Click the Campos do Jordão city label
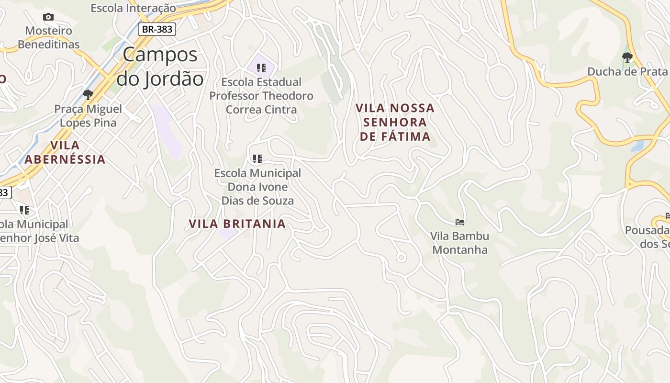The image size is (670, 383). coord(160,67)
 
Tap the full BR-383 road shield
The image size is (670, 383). coord(157,29)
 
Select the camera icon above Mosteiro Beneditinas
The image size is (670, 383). coord(48,17)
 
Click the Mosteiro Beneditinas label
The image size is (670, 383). coord(48,37)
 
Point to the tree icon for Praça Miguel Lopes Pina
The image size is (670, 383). coord(88,94)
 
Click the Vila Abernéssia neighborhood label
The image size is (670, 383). coord(65,152)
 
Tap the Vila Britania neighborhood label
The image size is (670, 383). coord(237,224)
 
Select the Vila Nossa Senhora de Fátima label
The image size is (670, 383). coord(395,122)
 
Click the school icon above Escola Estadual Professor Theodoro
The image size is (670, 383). coord(261,68)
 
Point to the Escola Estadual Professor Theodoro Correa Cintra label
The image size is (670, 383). coord(261,96)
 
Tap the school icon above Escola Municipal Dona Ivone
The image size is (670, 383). coord(257,158)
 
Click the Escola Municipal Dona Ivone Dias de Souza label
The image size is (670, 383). coord(257,187)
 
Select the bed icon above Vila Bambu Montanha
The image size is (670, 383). coord(460,222)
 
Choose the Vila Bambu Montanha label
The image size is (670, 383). coord(459,243)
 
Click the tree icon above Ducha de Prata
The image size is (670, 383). coord(627,57)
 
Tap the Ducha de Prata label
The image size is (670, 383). coord(627,72)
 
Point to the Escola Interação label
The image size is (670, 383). coord(133,8)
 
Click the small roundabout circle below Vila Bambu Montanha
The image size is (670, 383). coord(401,258)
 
